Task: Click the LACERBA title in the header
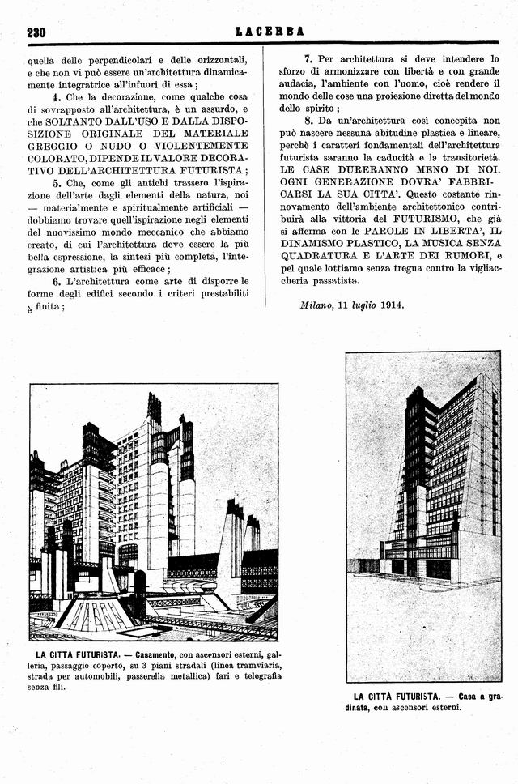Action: (x=270, y=32)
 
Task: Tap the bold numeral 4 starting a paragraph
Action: (x=57, y=96)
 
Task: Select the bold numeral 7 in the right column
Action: (x=308, y=58)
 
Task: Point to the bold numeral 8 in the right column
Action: (x=308, y=120)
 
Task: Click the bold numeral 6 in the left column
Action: (x=57, y=280)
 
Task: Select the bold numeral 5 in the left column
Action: (x=57, y=183)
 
